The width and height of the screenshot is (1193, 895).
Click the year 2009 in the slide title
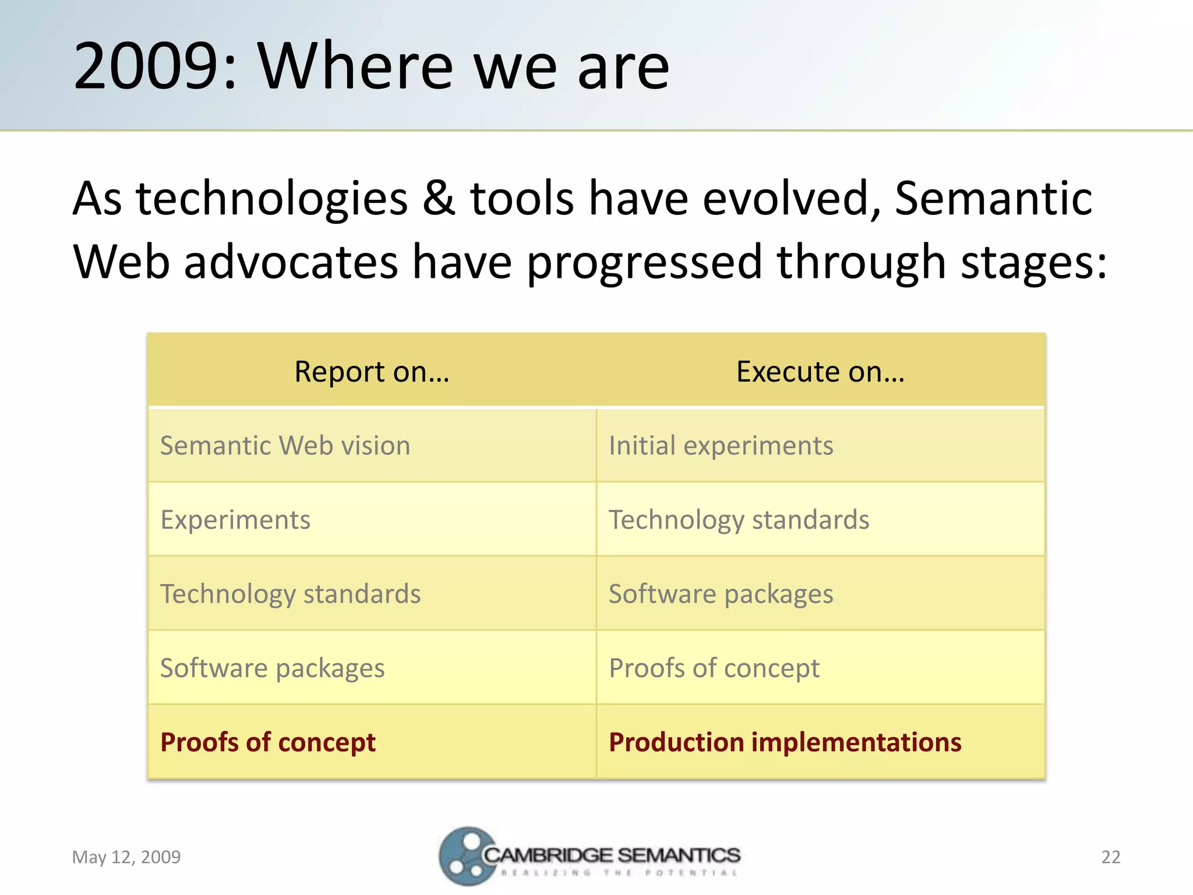pyautogui.click(x=146, y=66)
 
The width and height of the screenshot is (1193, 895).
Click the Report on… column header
pyautogui.click(x=372, y=371)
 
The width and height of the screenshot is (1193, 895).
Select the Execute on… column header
pyautogui.click(x=820, y=371)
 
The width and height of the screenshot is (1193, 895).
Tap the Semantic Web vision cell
pyautogui.click(x=285, y=446)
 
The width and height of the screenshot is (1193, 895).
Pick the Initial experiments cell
pyautogui.click(x=721, y=446)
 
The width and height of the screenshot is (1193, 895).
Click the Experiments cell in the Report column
pyautogui.click(x=235, y=520)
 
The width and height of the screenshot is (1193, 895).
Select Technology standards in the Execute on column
pyautogui.click(x=739, y=520)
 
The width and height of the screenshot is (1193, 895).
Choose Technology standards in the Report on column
pyautogui.click(x=290, y=594)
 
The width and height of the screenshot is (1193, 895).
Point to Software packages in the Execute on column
pyautogui.click(x=721, y=594)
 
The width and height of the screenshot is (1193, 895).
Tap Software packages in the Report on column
pyautogui.click(x=272, y=668)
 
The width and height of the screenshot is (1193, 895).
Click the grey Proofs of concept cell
pyautogui.click(x=714, y=668)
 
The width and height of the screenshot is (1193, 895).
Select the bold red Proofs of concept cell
pyautogui.click(x=267, y=742)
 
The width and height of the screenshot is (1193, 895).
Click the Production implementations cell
pyautogui.click(x=785, y=742)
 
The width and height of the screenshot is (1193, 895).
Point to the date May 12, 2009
pyautogui.click(x=126, y=857)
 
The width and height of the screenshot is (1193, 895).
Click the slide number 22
pyautogui.click(x=1110, y=857)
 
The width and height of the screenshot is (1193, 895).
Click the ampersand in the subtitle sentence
pyautogui.click(x=438, y=198)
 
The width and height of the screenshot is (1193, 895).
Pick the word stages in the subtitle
pyautogui.click(x=1032, y=262)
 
